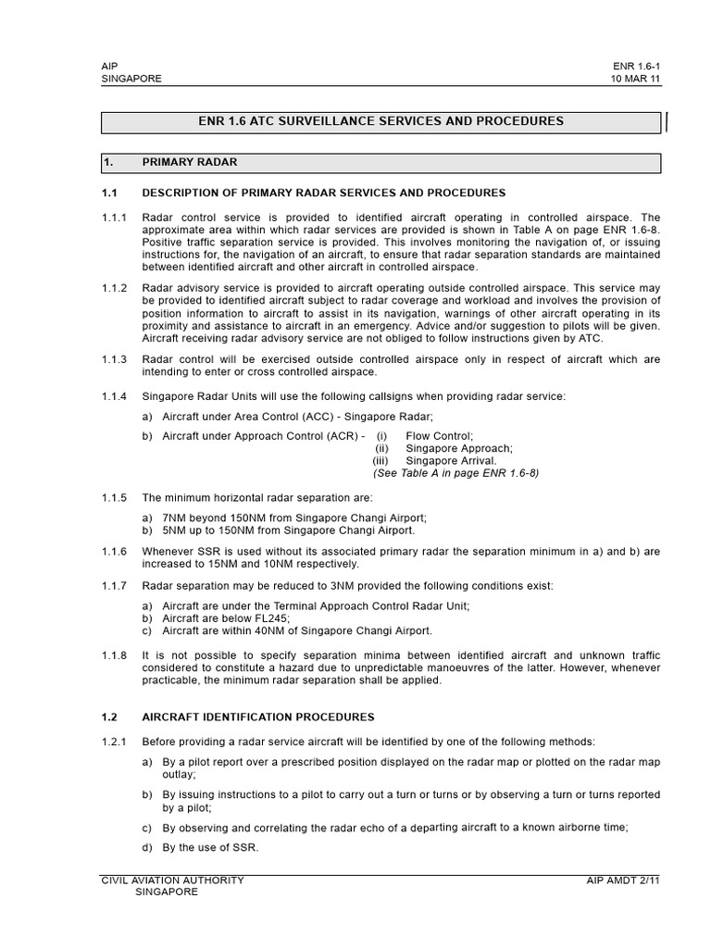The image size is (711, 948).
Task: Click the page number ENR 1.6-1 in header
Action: point(637,67)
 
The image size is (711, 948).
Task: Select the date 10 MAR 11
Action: point(636,80)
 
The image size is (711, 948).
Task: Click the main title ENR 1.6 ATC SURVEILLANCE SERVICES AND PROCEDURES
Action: point(380,121)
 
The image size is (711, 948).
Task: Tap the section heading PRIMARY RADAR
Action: point(189,162)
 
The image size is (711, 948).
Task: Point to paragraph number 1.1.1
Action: point(116,217)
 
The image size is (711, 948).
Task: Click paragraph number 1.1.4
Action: point(116,396)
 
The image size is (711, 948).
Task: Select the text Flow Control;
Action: point(439,435)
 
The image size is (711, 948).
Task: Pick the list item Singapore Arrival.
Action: point(451,460)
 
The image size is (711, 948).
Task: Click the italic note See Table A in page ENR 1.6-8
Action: point(455,472)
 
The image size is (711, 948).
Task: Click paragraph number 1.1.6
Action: point(116,551)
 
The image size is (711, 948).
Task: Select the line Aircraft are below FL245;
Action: point(226,617)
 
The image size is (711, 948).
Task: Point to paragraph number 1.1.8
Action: point(116,655)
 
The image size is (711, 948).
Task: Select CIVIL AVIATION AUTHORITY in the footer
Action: point(172,880)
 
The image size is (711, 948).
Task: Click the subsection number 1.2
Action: point(110,717)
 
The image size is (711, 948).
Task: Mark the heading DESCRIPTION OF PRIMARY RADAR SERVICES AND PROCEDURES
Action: point(323,193)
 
